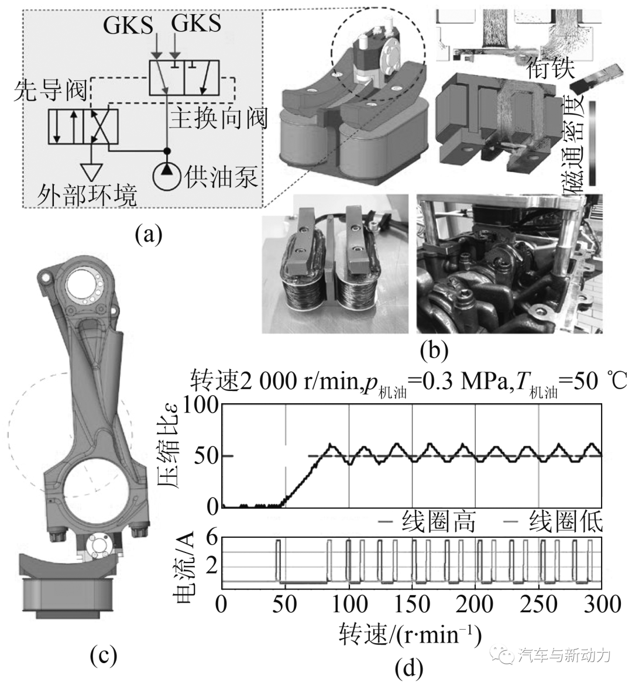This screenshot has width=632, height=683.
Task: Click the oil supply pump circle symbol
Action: click(x=166, y=173)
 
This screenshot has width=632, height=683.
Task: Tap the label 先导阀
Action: click(x=50, y=90)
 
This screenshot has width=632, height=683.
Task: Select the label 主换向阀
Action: click(x=218, y=118)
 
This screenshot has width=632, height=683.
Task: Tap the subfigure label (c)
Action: click(x=103, y=655)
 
